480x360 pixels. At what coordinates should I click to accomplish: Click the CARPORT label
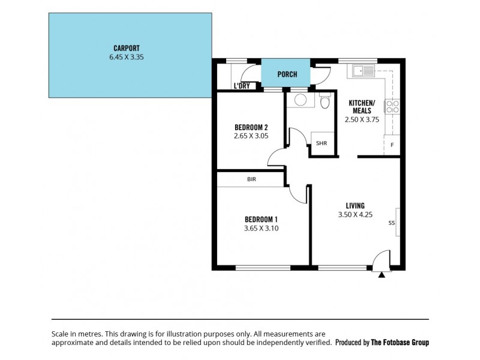click(x=127, y=48)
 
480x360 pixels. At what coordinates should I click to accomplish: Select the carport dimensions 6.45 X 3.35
click(x=127, y=58)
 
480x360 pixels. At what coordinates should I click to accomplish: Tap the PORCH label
click(x=287, y=74)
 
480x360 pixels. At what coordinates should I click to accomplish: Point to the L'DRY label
click(x=242, y=86)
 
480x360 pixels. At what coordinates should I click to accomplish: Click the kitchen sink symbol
click(x=364, y=71)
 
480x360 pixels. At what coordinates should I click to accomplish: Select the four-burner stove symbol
click(x=392, y=107)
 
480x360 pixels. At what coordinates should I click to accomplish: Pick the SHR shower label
click(x=321, y=143)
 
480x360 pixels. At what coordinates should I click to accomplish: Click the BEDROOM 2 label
click(x=250, y=127)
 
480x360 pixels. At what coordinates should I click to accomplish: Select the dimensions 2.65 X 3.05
click(x=250, y=136)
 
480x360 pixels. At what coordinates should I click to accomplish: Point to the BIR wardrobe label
click(x=251, y=179)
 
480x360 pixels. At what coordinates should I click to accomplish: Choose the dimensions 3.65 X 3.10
click(x=261, y=228)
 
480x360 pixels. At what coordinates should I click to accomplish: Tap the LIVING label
click(x=355, y=205)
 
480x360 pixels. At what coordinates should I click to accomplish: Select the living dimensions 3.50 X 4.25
click(x=355, y=214)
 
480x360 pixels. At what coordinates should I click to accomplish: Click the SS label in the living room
click(x=391, y=223)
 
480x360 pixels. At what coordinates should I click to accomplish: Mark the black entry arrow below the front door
click(x=382, y=275)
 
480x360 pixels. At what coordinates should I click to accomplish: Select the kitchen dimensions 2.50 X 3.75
click(x=362, y=119)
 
